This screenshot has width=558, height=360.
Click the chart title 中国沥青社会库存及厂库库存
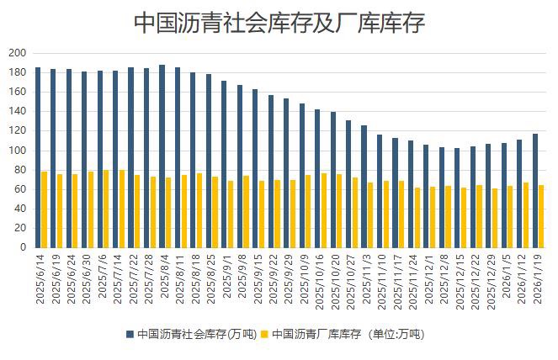click(279, 23)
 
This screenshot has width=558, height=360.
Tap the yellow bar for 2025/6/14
click(45, 209)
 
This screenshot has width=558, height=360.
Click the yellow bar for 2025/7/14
click(122, 209)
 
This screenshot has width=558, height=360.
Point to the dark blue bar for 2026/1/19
click(534, 190)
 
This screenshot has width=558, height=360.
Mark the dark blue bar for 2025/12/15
click(457, 198)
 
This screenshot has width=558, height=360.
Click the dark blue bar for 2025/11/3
click(364, 187)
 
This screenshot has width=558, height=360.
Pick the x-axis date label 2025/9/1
click(227, 279)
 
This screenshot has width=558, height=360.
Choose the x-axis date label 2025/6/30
click(87, 281)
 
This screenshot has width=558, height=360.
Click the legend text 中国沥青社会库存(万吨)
click(193, 334)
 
